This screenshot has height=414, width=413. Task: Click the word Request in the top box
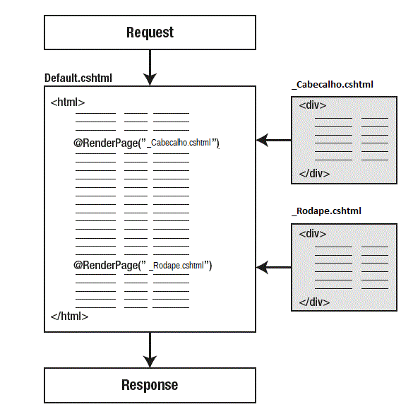point(150,32)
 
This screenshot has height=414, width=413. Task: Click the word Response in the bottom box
point(150,385)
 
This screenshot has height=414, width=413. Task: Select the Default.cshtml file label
point(78,78)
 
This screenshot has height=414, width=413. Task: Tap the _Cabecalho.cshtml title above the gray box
point(333,85)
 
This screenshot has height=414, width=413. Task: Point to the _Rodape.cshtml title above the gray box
point(326,211)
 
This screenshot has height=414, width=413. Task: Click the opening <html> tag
point(68,102)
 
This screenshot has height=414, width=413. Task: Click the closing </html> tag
point(69,316)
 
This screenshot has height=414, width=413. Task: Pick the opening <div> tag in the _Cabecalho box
point(313,105)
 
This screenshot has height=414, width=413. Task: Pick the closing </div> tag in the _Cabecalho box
point(314,174)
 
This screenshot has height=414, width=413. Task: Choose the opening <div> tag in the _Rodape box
point(313,234)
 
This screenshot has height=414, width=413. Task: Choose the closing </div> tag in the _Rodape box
point(314,302)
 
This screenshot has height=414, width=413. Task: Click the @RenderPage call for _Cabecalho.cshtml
point(146,143)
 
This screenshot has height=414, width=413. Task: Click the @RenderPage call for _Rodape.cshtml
point(143,266)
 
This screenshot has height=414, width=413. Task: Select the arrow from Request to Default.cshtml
point(150,68)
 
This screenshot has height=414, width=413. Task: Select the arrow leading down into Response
point(150,350)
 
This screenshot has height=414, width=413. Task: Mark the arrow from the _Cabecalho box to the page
point(274,140)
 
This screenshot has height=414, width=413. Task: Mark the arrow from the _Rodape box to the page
point(274,267)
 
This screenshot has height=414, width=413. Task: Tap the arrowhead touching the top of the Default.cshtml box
point(150,79)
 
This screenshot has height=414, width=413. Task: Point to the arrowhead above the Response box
point(150,362)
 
